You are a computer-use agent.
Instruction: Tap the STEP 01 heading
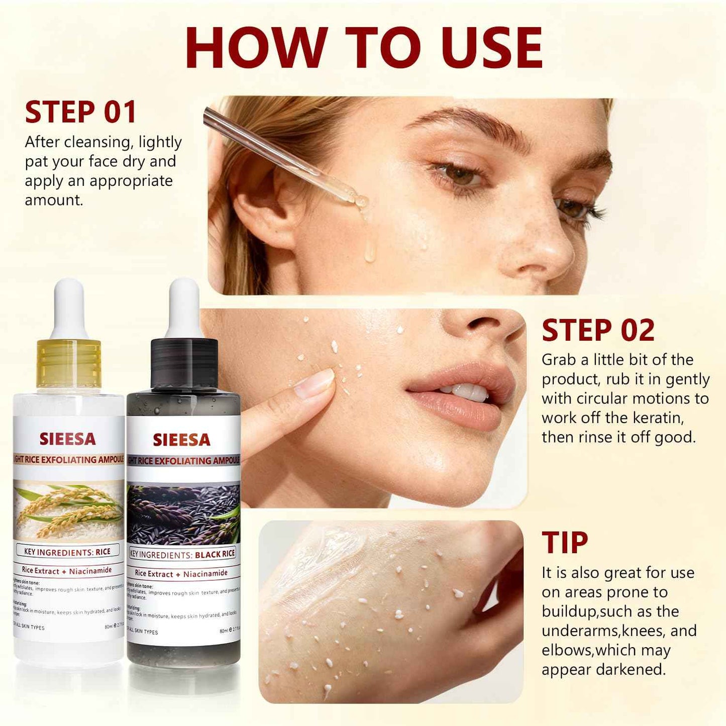coord(80,112)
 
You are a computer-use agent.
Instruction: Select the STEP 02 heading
coord(598,331)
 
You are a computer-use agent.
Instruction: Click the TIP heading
coord(565,543)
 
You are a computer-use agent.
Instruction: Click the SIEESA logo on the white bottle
coord(67,439)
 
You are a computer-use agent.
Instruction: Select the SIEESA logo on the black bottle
coord(181,440)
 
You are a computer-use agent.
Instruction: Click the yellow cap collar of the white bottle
coord(69,363)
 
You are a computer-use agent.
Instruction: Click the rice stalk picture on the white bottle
coord(68,510)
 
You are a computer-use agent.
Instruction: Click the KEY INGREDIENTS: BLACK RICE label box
coord(183,555)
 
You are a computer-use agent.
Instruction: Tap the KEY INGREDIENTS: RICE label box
coord(67,552)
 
